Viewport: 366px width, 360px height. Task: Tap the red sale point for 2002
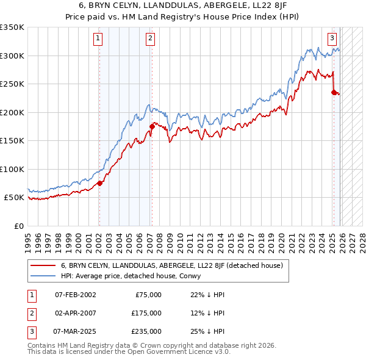tap(99, 183)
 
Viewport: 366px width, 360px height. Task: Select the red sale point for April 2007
tap(152, 126)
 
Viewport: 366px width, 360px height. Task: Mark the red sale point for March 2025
tap(334, 92)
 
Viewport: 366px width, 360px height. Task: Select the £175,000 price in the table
tap(146, 313)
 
